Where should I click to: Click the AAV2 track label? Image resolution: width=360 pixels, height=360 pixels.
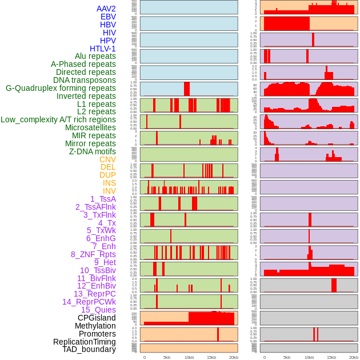pyautogui.click(x=106, y=9)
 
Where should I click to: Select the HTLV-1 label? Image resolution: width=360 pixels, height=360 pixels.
pyautogui.click(x=103, y=49)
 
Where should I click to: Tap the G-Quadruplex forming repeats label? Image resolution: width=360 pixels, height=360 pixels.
pyautogui.click(x=61, y=89)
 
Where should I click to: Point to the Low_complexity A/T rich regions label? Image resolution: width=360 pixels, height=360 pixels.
pyautogui.click(x=58, y=119)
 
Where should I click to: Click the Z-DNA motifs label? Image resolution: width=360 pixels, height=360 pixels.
pyautogui.click(x=93, y=151)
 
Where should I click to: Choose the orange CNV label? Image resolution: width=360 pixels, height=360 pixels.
pyautogui.click(x=107, y=159)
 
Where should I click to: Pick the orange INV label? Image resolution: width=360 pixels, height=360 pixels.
pyautogui.click(x=109, y=191)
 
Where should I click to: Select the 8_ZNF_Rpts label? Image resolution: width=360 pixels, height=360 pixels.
pyautogui.click(x=93, y=254)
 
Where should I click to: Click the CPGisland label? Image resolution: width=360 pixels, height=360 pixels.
pyautogui.click(x=97, y=318)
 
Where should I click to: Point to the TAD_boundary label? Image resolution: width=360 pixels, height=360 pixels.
pyautogui.click(x=89, y=349)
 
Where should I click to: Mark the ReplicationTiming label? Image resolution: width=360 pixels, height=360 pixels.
pyautogui.click(x=84, y=342)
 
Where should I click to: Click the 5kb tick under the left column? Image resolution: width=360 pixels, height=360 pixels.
pyautogui.click(x=167, y=357)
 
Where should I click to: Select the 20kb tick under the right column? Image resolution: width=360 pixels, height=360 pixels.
pyautogui.click(x=354, y=357)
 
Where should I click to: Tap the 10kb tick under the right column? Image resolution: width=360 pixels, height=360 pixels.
pyautogui.click(x=309, y=357)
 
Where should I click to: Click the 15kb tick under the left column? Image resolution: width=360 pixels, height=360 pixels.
pyautogui.click(x=211, y=357)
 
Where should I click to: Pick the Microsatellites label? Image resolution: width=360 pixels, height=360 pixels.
pyautogui.click(x=90, y=127)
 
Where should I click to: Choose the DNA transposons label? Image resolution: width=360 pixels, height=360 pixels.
pyautogui.click(x=85, y=80)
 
